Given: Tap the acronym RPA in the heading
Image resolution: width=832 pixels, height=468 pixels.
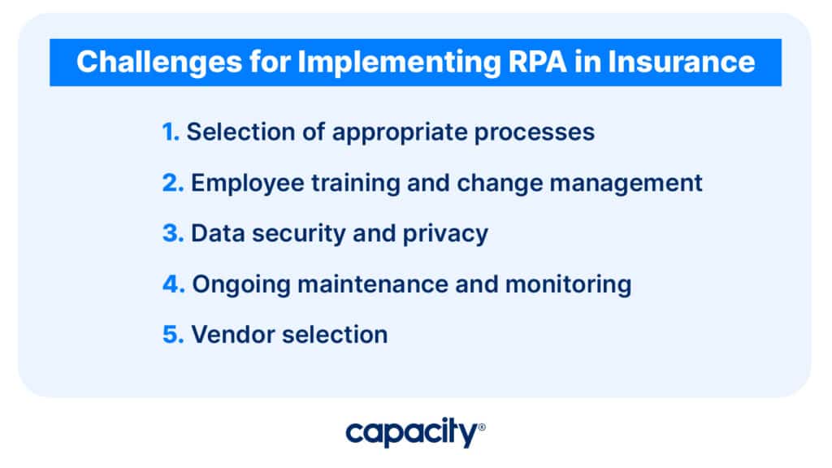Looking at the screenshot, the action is pos(538,62).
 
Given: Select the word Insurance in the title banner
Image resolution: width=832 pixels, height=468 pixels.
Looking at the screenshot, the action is pos(682,62).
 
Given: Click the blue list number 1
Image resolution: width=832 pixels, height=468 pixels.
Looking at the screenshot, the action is pos(171,132).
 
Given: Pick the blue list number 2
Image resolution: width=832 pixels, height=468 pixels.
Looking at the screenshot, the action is pos(172,183).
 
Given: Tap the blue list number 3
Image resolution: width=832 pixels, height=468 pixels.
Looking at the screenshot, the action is pos(173,233).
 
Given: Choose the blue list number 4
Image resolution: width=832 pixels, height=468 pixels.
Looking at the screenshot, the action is pos(174,284).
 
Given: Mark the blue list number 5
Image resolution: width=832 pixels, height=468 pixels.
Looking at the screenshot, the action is pos(173,335).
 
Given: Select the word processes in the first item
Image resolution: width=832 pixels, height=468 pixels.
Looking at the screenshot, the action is pos(535,134).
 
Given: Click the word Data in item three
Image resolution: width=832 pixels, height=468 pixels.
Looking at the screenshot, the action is pos(218,233).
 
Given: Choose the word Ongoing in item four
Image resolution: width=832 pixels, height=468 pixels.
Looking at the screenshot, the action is pos(241,286).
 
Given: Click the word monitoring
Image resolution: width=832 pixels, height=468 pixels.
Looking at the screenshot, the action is pos(568,286).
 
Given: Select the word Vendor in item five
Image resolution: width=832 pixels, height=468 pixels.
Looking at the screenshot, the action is pos(233,335).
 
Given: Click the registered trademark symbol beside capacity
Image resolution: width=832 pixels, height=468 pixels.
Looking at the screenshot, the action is pos(482,427).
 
